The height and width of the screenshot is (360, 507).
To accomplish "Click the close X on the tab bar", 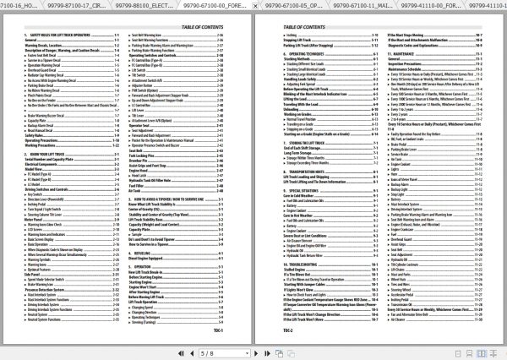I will tap(499, 7).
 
